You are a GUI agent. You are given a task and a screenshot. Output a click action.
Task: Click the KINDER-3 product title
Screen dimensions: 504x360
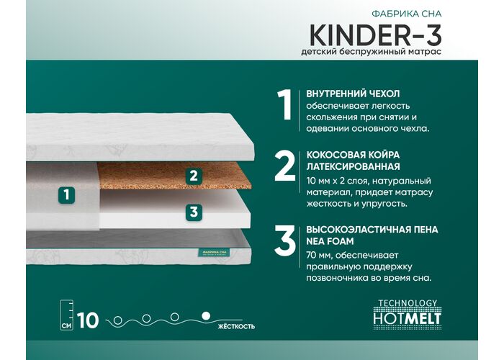375,35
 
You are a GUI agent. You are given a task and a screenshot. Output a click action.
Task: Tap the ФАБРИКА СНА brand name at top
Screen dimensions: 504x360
407,14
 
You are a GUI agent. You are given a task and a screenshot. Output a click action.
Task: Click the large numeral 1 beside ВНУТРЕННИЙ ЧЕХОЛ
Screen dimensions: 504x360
285,105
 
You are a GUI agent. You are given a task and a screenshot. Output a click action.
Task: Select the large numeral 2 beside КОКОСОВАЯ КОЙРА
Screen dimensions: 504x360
285,166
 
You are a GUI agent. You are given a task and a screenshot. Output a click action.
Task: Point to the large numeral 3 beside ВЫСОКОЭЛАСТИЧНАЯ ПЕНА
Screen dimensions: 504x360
285,240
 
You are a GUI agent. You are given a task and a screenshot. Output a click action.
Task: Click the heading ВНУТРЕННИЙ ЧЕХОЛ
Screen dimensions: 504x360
353,94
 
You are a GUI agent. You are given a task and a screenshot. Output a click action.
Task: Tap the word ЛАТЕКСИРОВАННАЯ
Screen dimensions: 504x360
353,166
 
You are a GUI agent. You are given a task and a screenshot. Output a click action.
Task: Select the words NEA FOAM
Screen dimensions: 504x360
330,241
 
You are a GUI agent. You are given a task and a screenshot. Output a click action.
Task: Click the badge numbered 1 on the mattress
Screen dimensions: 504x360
66,195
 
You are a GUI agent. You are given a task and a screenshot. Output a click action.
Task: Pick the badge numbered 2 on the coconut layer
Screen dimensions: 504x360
194,176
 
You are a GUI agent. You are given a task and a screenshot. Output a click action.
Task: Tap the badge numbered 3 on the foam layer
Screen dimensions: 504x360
194,212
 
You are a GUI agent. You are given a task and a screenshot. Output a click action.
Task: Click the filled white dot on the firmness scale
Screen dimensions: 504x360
206,316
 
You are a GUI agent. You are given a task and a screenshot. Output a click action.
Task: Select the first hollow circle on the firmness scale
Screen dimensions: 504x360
117,320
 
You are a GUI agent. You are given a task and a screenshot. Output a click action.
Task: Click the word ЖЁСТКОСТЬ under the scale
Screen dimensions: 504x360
236,327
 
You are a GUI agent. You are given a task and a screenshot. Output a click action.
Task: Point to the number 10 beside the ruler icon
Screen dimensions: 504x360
88,320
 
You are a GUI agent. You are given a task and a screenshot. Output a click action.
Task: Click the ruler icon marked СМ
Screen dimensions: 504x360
66,315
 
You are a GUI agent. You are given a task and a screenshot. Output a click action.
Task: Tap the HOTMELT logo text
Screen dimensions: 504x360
407,318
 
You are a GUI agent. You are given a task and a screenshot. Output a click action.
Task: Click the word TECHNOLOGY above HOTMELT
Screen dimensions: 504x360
408,303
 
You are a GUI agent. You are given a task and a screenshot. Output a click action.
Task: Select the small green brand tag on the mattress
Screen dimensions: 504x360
215,253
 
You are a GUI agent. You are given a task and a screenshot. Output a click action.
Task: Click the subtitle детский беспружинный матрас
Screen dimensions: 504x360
372,52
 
